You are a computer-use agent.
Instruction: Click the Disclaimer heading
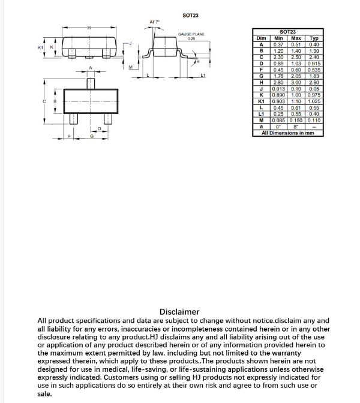coord(179,312)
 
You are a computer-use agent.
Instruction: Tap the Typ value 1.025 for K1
coord(314,101)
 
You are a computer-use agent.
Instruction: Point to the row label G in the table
coord(262,77)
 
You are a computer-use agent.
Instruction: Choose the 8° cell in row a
coord(296,127)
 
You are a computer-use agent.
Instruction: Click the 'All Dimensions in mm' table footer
coord(288,133)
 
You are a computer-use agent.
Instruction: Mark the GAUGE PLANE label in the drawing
coord(191,35)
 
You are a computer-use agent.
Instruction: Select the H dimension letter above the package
coord(89,28)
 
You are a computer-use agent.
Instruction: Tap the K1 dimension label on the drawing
coord(41,47)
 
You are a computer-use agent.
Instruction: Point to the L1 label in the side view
coord(203,76)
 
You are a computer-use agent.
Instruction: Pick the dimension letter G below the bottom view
coord(92,136)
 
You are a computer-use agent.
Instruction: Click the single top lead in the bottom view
coord(90,82)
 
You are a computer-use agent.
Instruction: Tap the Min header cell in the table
coord(278,38)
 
